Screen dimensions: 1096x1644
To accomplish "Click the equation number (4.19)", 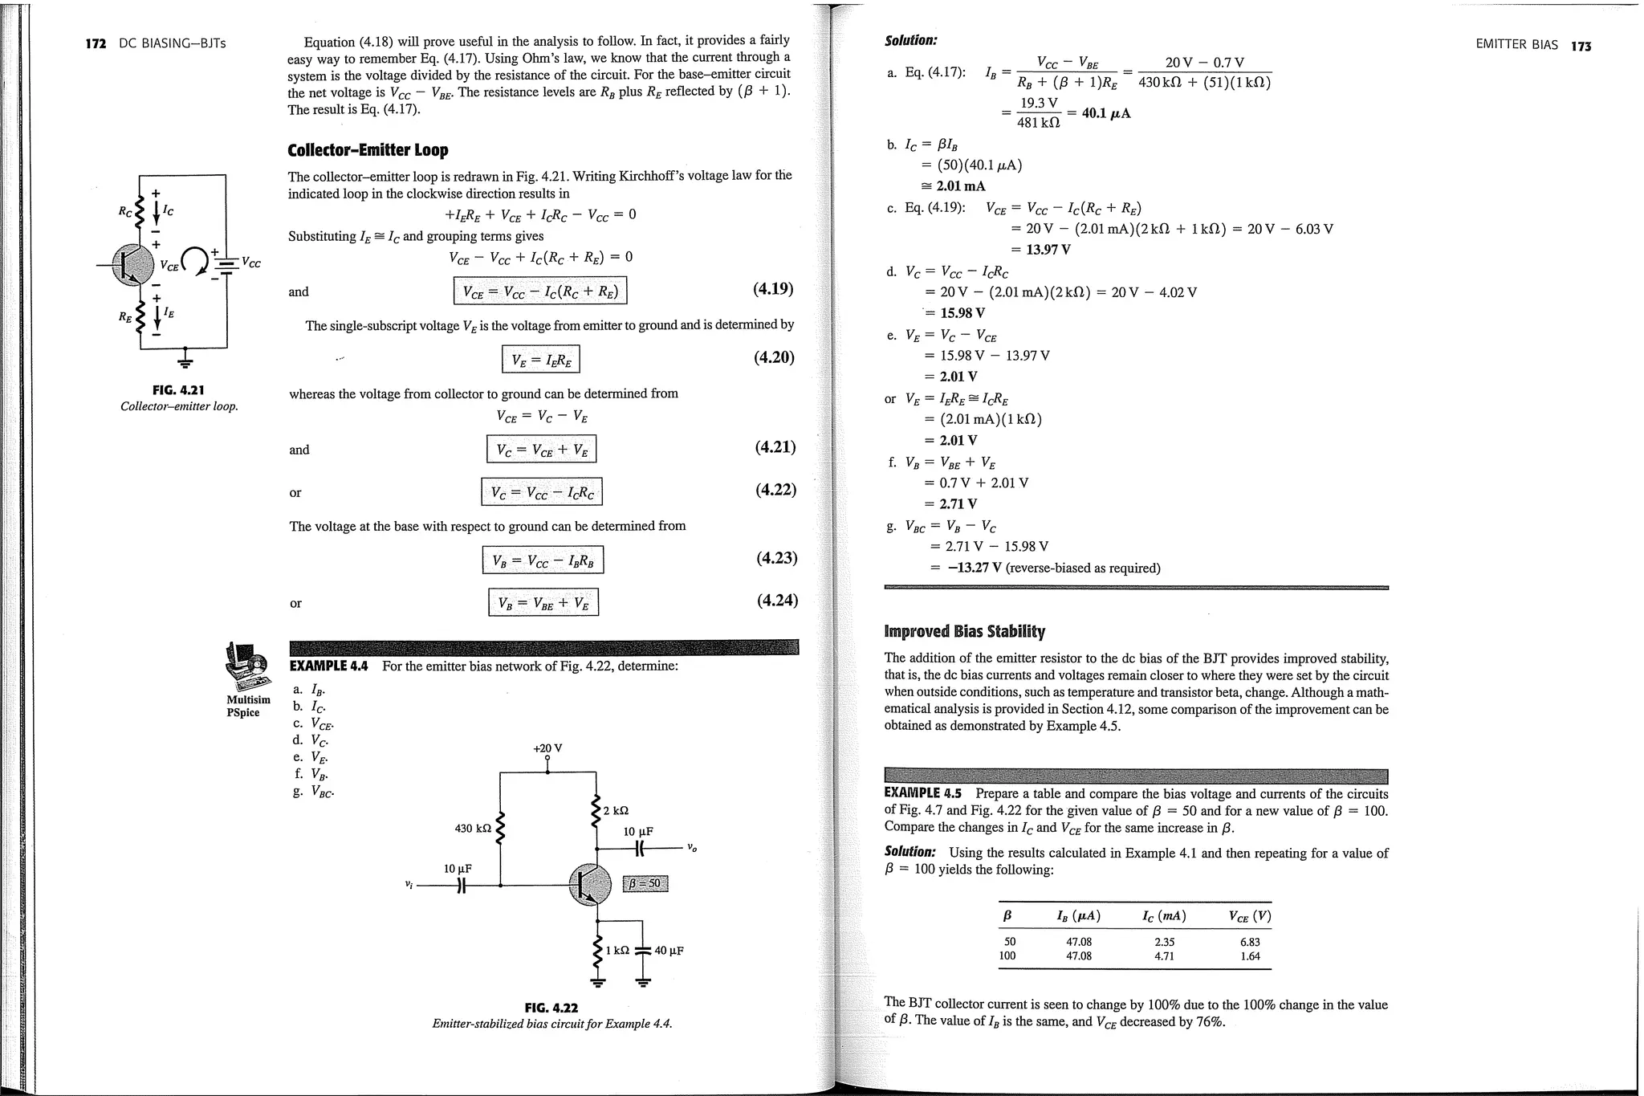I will click(x=773, y=289).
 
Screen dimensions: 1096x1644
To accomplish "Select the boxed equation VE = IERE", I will click(x=540, y=359).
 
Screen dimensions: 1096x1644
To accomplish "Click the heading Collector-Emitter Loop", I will click(x=368, y=150).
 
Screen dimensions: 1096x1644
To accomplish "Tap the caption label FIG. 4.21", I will click(x=178, y=390).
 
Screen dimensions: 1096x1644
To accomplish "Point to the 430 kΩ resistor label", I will click(x=473, y=828).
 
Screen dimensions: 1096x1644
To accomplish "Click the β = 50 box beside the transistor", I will click(x=645, y=884).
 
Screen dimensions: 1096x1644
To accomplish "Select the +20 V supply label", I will click(x=547, y=748).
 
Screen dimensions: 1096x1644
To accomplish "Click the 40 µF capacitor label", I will click(x=669, y=951).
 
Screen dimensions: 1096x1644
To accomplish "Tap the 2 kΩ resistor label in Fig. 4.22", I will click(x=616, y=810).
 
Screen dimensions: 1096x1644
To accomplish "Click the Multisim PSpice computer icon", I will click(x=247, y=666).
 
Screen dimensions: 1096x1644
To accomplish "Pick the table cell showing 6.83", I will click(x=1250, y=942).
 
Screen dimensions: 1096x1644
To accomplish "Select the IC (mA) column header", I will click(x=1164, y=916).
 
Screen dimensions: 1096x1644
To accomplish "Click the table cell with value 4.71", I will click(x=1164, y=956).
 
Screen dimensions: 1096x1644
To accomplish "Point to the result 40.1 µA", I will click(x=1106, y=113).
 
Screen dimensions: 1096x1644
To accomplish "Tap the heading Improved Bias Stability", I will click(x=964, y=631).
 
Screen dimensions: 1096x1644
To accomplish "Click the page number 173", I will click(x=1581, y=46).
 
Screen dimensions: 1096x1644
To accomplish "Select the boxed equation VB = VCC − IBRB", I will click(x=543, y=560).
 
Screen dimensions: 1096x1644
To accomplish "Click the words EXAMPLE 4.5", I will click(x=922, y=793).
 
